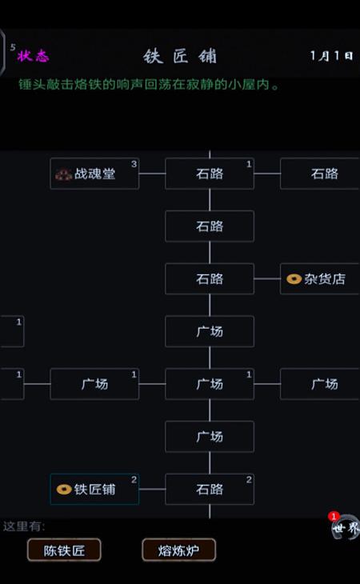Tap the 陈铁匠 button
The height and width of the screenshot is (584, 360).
coord(64,550)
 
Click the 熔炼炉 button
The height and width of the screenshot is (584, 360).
coord(178,550)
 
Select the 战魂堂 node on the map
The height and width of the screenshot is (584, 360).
coord(94,174)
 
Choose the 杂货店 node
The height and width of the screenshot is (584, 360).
coord(319,278)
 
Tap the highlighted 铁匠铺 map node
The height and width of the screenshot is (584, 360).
coord(94,489)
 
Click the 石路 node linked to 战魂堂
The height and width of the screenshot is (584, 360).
coord(210,174)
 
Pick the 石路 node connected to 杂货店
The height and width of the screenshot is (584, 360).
coord(210,278)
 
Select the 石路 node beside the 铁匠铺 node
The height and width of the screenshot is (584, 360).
coord(210,489)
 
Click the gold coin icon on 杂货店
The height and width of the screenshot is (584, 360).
coord(294,279)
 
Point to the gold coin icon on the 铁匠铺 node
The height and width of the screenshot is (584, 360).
coord(64,489)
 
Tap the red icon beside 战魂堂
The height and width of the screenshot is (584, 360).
coord(64,174)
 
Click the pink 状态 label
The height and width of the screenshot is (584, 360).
coord(33,56)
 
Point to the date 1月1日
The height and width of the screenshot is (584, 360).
coord(332,56)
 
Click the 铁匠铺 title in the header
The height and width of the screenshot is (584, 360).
coord(180,57)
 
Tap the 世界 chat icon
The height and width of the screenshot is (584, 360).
coord(346,527)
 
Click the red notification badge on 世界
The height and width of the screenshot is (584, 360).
coord(334,517)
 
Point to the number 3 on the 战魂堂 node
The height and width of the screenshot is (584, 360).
coord(134,164)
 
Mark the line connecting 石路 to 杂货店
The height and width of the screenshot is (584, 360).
coord(267,278)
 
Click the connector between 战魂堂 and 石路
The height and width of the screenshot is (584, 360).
coord(152,174)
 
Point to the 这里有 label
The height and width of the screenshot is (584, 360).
coord(24,526)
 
